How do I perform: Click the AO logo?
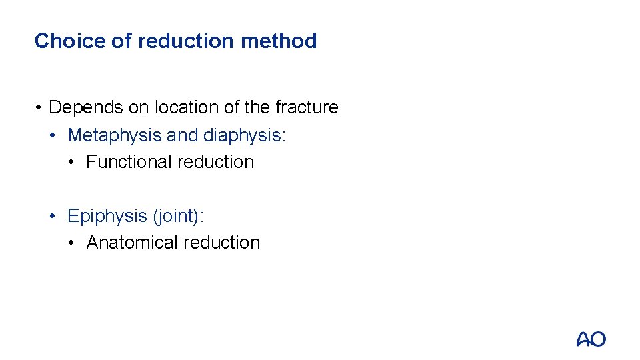(x=591, y=339)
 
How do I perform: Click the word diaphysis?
(x=245, y=135)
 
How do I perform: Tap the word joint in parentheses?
(x=178, y=216)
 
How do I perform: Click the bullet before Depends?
(x=40, y=108)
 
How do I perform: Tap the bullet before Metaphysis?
(x=59, y=136)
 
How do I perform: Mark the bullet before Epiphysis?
(x=59, y=217)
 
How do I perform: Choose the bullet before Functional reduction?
(x=77, y=163)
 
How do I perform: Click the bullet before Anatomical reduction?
(x=77, y=243)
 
